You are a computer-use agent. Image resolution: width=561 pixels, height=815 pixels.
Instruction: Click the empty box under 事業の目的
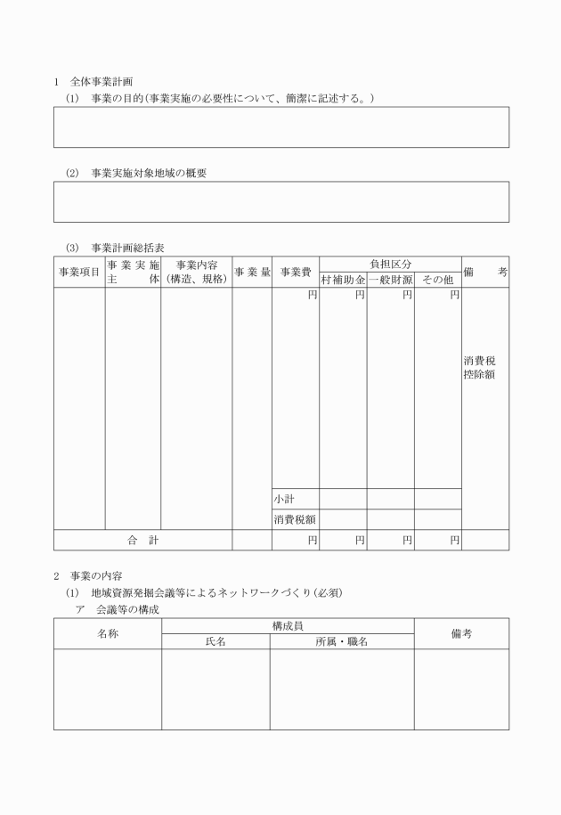click(x=281, y=126)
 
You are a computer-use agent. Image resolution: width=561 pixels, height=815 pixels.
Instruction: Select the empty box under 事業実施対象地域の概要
click(x=281, y=201)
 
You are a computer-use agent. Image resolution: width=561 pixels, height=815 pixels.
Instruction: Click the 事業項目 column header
click(x=79, y=272)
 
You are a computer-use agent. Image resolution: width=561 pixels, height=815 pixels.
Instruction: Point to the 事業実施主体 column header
click(x=133, y=272)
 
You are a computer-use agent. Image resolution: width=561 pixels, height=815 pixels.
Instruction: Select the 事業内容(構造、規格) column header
click(x=197, y=272)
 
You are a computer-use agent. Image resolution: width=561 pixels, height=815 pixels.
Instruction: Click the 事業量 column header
click(x=252, y=272)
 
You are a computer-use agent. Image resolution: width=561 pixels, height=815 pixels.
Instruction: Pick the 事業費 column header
click(x=296, y=272)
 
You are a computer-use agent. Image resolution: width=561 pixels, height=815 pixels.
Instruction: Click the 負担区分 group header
click(x=390, y=264)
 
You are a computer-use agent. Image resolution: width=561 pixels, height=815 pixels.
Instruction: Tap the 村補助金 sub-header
click(x=343, y=280)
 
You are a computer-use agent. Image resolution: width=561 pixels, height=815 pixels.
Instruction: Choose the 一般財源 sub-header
click(x=390, y=280)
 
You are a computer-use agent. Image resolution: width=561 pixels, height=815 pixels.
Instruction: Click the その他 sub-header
click(x=437, y=280)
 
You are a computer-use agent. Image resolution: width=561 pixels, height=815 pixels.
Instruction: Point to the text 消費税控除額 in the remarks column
click(x=479, y=368)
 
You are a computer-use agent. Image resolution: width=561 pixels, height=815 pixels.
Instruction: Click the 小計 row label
click(x=285, y=499)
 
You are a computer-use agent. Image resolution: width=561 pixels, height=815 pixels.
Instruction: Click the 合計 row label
click(x=142, y=540)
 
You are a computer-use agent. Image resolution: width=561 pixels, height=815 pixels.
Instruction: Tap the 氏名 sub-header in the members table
click(x=215, y=641)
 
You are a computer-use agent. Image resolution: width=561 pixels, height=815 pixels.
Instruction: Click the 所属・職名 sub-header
click(x=342, y=641)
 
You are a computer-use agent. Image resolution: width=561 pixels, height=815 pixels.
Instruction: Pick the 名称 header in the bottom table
click(x=107, y=633)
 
